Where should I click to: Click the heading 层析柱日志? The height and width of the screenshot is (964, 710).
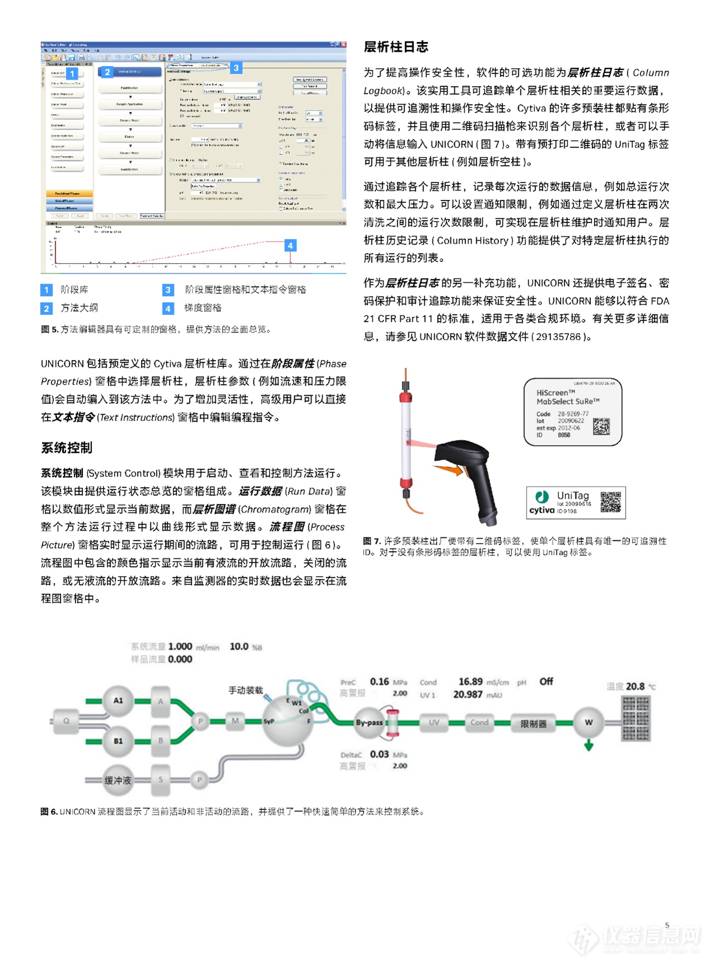[x=396, y=47]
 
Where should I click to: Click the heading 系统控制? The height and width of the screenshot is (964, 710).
[x=67, y=448]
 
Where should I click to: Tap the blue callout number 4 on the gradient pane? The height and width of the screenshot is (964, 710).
[x=290, y=245]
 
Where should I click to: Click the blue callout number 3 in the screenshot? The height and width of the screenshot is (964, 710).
[x=236, y=68]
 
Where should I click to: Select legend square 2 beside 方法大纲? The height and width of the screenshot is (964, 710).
[x=46, y=308]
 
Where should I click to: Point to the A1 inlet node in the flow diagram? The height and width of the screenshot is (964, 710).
[x=118, y=700]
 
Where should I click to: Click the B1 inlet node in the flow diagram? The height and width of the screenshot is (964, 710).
[x=118, y=741]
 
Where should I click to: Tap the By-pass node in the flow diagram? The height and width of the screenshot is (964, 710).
[x=369, y=722]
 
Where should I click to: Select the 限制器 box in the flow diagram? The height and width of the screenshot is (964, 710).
[x=533, y=723]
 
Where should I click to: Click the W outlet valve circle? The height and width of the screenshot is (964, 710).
[x=589, y=722]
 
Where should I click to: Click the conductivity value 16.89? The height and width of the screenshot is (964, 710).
[x=470, y=681]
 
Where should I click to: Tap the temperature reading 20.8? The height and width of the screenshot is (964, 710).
[x=635, y=686]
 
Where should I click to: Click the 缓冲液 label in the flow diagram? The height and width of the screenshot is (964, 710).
[x=117, y=780]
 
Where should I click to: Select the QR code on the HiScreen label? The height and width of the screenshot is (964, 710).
[x=601, y=427]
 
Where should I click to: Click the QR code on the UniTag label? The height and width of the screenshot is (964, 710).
[x=610, y=502]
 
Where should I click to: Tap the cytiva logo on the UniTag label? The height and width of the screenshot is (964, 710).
[x=542, y=509]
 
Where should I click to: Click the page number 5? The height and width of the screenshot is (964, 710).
[x=667, y=925]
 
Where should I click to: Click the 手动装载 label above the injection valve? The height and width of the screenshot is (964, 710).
[x=245, y=690]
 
